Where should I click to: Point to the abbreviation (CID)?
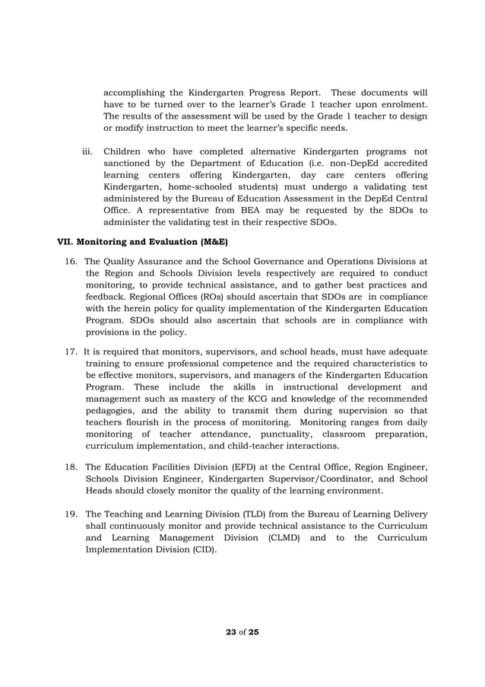[200, 550]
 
